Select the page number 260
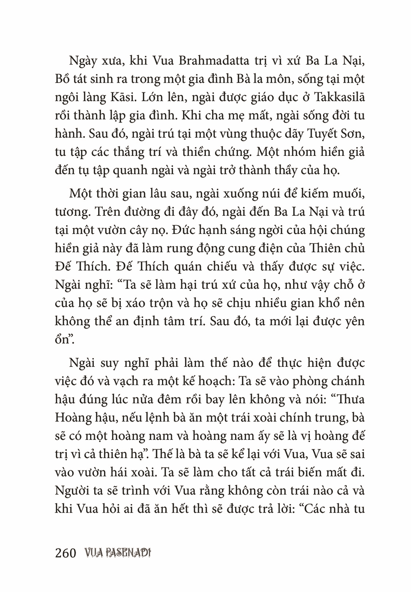66,553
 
